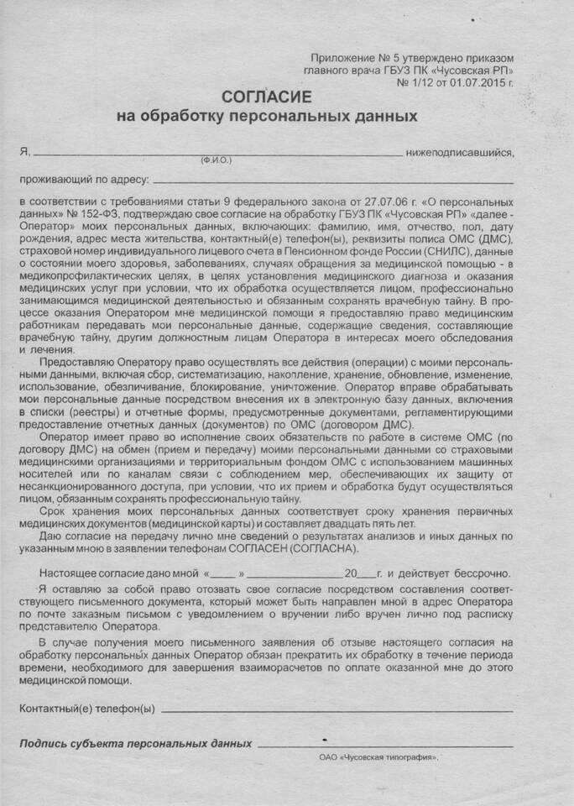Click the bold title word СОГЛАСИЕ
(264, 98)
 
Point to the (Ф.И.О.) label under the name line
(216, 160)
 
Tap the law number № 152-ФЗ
(80, 214)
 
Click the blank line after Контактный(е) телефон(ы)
(336, 709)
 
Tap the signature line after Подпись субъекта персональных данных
(386, 746)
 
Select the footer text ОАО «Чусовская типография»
(379, 757)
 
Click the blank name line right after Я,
(217, 154)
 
